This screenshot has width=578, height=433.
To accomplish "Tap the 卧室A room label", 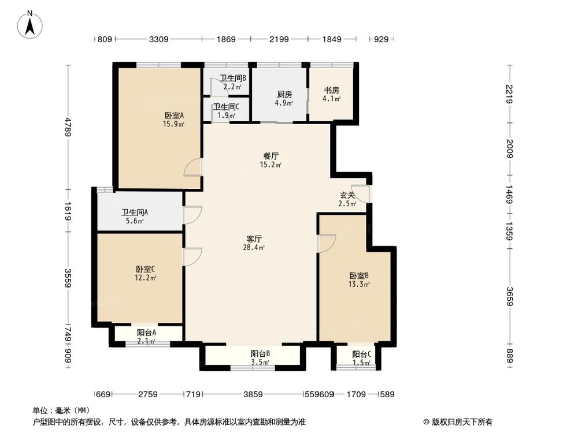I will click(x=174, y=115).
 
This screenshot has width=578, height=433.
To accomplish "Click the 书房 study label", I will click(x=331, y=90).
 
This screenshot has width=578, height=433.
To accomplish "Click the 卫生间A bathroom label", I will click(x=135, y=212).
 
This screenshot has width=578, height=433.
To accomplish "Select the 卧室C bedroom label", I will click(x=145, y=269).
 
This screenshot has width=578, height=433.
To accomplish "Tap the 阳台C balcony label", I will click(x=362, y=354).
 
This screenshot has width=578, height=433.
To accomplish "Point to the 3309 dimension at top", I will click(x=158, y=39).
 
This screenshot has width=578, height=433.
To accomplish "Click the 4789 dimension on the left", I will click(x=68, y=127).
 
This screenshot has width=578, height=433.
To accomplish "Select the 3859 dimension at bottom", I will click(x=253, y=394).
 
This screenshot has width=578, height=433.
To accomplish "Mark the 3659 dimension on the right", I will click(x=509, y=298).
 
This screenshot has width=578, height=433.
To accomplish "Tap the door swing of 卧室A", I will click(x=194, y=167).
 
